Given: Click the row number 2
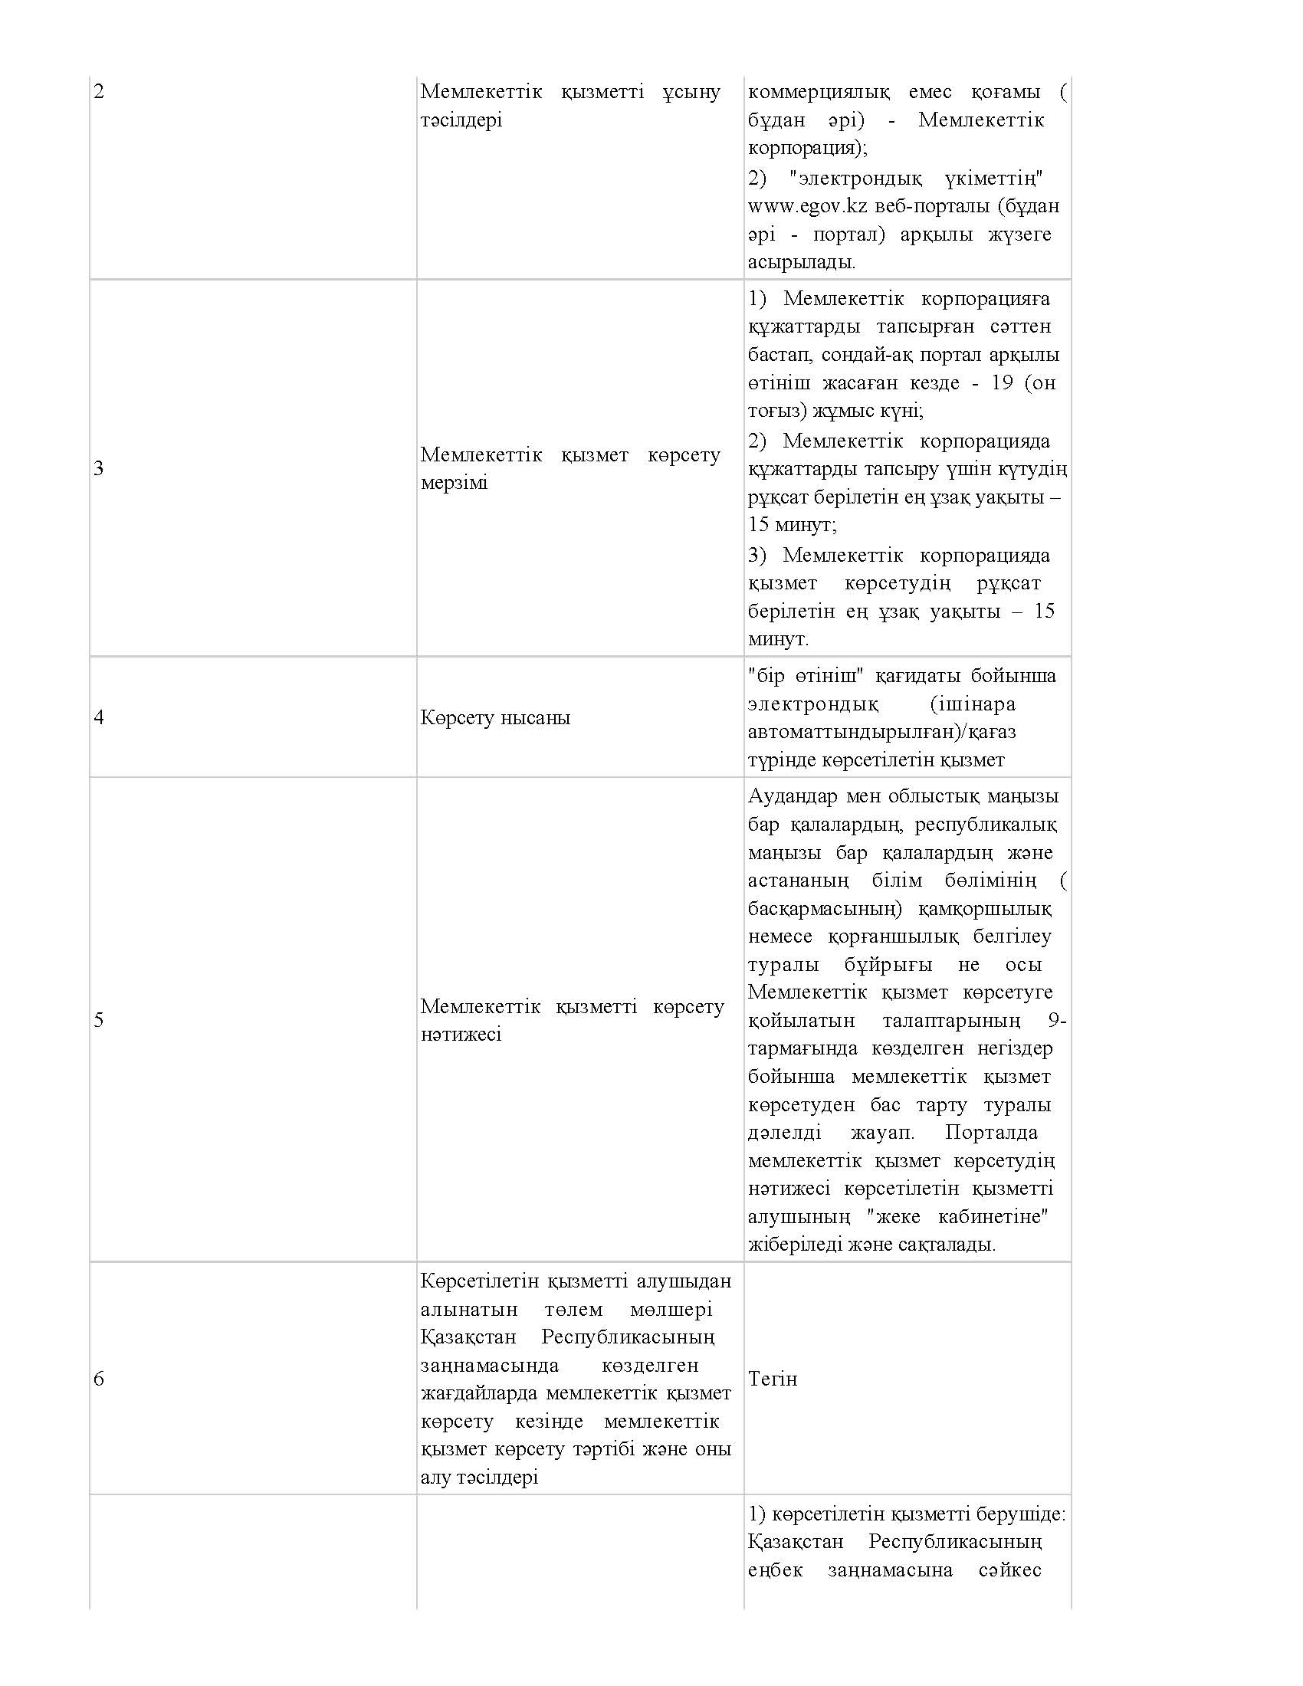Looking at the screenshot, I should (99, 92).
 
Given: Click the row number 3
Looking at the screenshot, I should (99, 468).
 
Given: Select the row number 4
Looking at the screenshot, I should (99, 717).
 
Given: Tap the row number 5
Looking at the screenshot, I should (99, 1020).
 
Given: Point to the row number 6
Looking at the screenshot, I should (99, 1378).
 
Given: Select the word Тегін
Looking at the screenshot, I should (772, 1378).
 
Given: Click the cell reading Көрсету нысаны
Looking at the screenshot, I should (496, 717).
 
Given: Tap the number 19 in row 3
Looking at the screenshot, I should (1001, 383).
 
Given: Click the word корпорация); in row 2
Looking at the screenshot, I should (807, 147).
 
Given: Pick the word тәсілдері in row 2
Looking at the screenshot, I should (461, 120).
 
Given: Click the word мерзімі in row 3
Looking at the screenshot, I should (454, 484).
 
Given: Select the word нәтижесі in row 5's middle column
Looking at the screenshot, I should (461, 1035).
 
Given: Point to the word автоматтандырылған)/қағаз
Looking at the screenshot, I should (881, 731).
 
